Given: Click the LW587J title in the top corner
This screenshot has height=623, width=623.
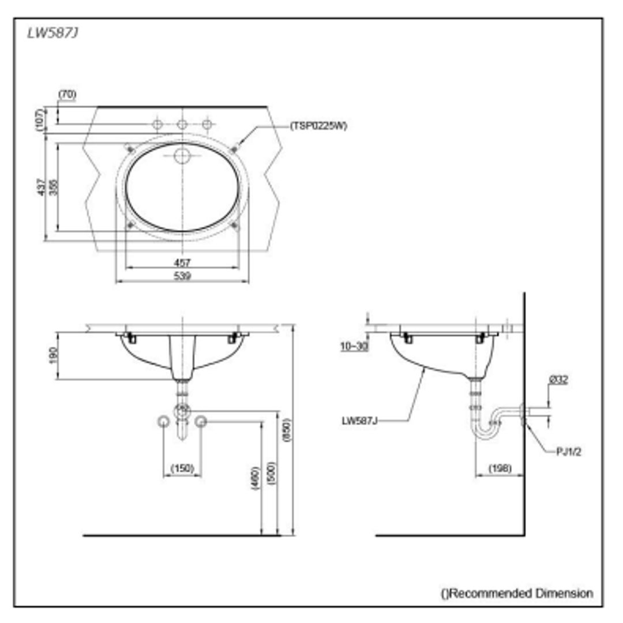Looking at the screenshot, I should tap(52, 33).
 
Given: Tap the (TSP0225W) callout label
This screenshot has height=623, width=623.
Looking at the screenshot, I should tap(318, 125).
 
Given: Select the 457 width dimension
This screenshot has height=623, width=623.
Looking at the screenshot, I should tap(182, 262).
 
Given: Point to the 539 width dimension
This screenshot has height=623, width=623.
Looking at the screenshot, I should tap(182, 276).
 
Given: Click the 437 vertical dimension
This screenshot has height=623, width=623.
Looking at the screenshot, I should tap(41, 186).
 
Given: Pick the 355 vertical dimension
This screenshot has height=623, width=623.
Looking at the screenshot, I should tap(54, 186).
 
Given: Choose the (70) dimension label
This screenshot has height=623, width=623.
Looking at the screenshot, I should tap(67, 93).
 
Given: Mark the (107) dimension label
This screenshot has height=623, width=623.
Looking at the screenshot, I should tap(40, 119).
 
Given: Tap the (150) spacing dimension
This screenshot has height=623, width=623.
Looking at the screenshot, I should tap(182, 468).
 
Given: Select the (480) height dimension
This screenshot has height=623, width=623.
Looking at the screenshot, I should tap(255, 478).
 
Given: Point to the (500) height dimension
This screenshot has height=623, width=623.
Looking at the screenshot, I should tap(272, 473).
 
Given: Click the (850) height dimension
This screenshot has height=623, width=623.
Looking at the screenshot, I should tap(287, 429).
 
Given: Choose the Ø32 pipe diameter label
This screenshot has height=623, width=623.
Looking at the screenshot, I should tap(558, 380).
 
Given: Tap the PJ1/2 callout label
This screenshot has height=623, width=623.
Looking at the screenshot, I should tap(569, 451).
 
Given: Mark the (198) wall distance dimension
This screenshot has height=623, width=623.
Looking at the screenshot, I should tap(500, 468).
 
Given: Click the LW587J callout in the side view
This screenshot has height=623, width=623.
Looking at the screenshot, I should tap(359, 421).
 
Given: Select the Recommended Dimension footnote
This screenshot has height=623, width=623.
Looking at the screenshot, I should tap(517, 592).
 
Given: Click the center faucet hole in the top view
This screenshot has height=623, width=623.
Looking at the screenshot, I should tap(182, 124).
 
